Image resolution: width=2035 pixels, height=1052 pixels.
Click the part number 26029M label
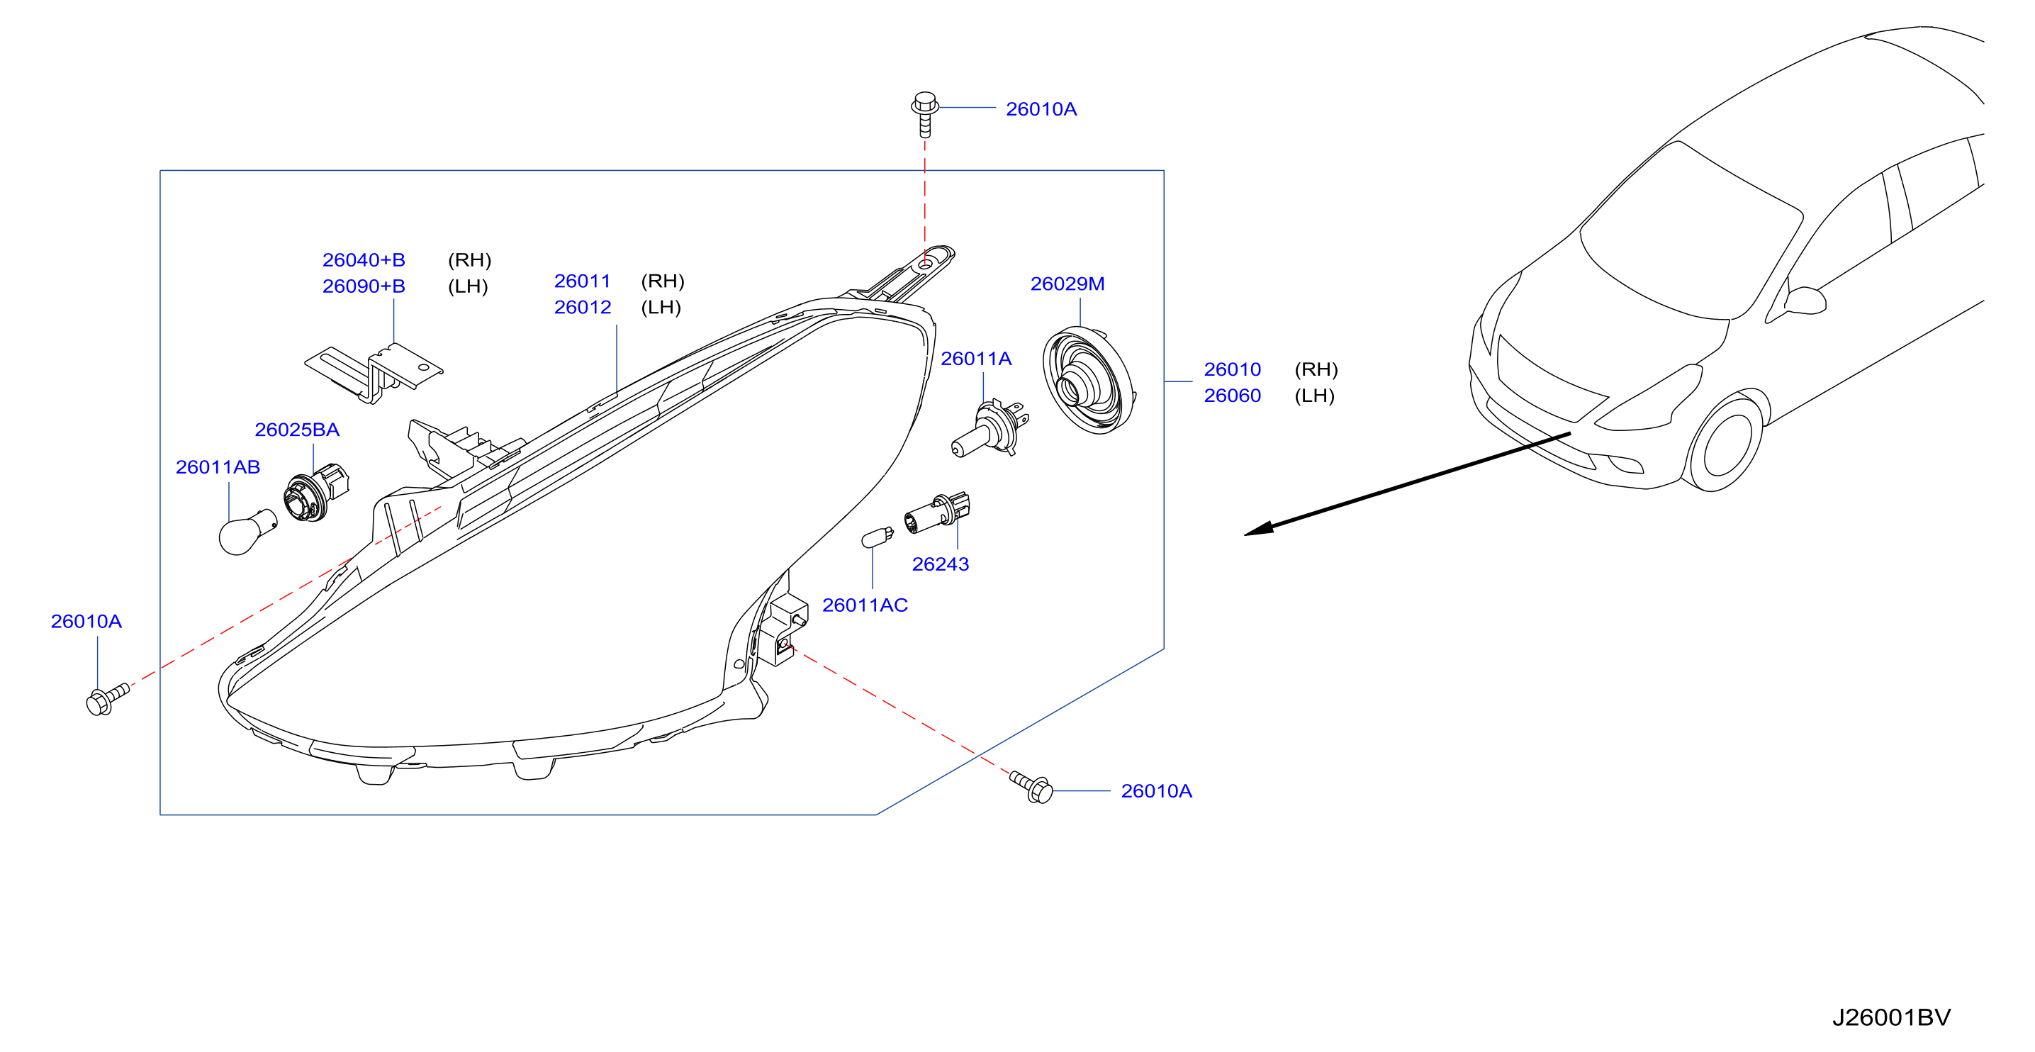[1067, 284]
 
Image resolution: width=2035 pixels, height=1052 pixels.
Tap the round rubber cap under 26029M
[1089, 381]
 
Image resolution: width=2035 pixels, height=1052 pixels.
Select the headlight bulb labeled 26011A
[990, 429]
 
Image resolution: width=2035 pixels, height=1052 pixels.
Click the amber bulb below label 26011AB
[247, 532]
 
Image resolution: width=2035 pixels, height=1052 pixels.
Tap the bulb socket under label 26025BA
[315, 493]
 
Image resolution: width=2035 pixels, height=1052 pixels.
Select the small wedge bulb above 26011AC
[877, 537]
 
